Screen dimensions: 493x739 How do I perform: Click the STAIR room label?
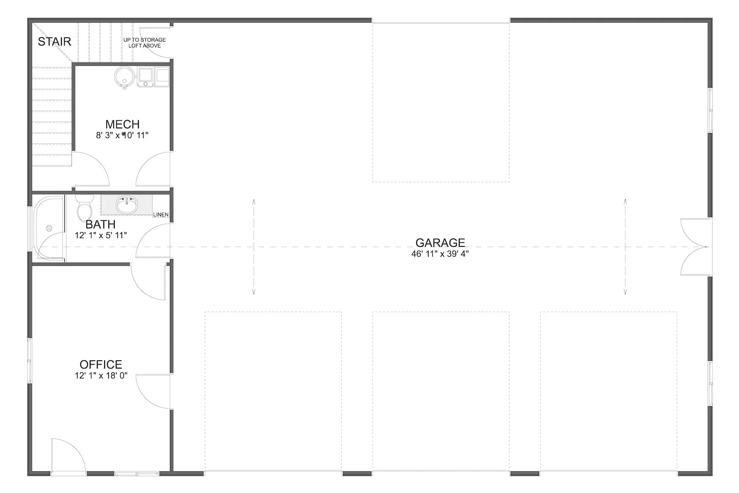click(x=54, y=42)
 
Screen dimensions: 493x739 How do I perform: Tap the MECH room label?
click(x=123, y=125)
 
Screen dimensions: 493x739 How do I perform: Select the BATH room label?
click(x=100, y=225)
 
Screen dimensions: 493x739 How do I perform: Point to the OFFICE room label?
click(x=101, y=365)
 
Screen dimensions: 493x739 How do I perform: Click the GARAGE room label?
click(x=440, y=243)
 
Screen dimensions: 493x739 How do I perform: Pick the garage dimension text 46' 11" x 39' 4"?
click(x=440, y=254)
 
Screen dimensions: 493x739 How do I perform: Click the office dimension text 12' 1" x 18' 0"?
click(x=101, y=376)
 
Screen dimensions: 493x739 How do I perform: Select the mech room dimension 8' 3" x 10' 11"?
click(x=123, y=135)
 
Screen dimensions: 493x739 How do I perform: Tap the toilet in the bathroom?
click(x=84, y=208)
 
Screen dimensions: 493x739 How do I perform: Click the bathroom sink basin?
click(x=126, y=205)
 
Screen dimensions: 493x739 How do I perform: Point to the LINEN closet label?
click(x=161, y=215)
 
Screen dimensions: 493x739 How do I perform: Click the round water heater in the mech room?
click(x=124, y=77)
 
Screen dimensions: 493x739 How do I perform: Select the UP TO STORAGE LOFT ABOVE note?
click(x=145, y=43)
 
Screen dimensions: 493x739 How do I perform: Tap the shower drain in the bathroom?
click(x=49, y=228)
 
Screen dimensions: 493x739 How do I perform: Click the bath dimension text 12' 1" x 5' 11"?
click(x=101, y=235)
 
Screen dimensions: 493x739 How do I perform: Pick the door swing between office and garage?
click(x=154, y=391)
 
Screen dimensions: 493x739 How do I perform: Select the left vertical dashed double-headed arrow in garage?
click(x=254, y=247)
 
